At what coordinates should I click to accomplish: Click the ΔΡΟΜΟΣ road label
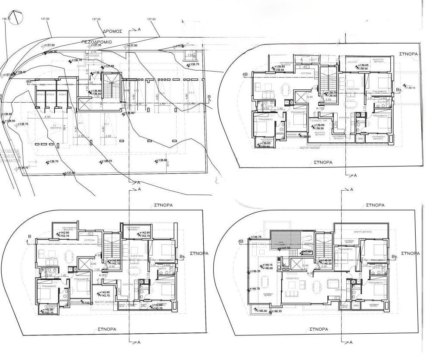113,31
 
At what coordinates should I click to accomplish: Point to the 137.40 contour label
151,19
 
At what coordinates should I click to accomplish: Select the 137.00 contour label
44,19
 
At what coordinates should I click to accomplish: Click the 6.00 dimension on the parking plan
47,117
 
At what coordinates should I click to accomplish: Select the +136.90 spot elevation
7,114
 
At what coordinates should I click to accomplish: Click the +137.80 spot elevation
70,173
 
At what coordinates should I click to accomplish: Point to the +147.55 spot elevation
283,248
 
